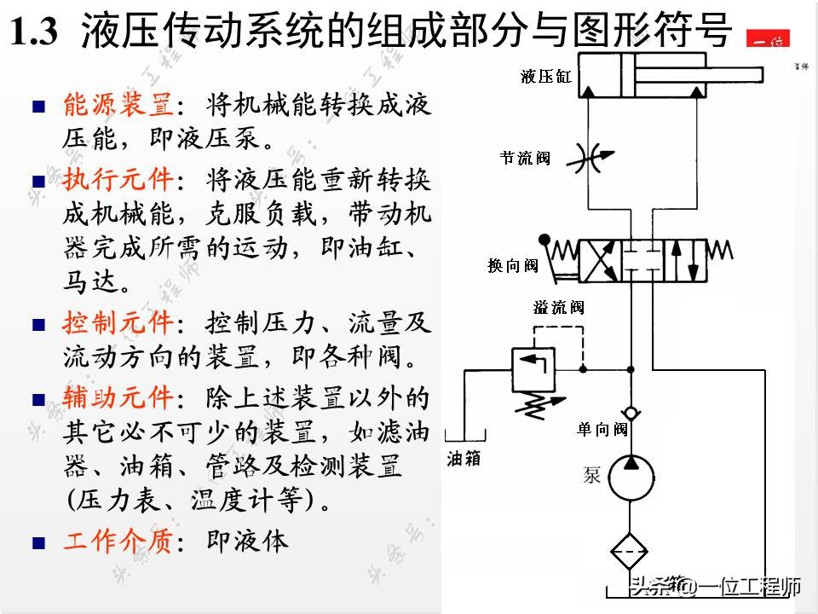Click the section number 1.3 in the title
tap(35, 33)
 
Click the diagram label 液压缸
tap(547, 77)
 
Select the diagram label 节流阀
tap(525, 158)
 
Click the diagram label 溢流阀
tap(559, 308)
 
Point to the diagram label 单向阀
tap(602, 429)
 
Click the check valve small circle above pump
tap(631, 413)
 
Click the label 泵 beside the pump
tap(592, 474)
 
